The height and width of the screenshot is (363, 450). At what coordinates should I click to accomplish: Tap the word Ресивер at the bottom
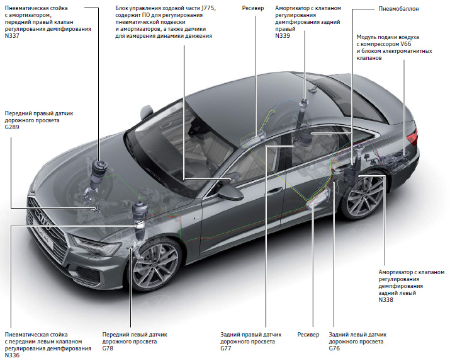point(309,334)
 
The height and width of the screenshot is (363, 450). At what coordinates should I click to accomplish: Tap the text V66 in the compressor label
point(410,45)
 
